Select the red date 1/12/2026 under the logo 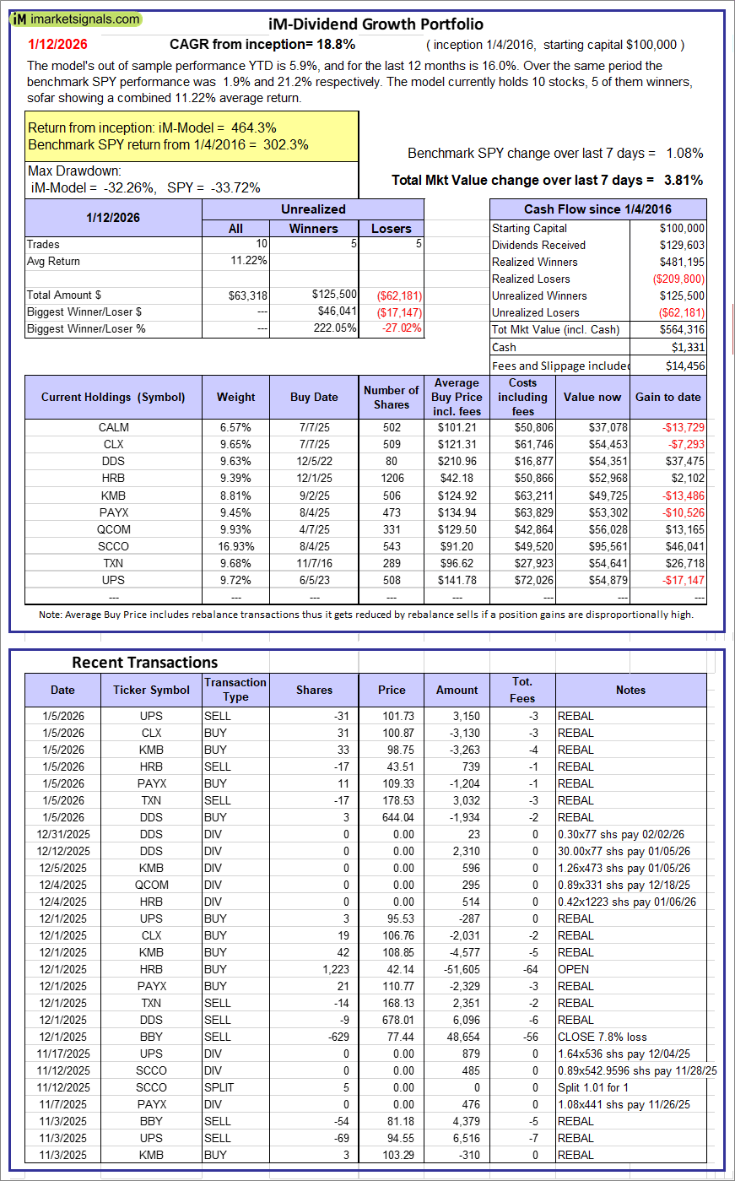[x=57, y=45]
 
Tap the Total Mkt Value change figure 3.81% [x=684, y=180]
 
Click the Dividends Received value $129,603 [x=681, y=245]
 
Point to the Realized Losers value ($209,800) [x=678, y=279]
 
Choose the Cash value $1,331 [x=689, y=347]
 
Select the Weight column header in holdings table [x=235, y=397]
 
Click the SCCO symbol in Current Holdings [x=113, y=546]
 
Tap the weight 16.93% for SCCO [x=235, y=546]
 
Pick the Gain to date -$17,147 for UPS [x=684, y=580]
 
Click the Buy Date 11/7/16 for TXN [x=314, y=563]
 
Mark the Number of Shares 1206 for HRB [x=392, y=478]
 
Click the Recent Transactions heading [x=145, y=662]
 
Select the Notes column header [x=630, y=690]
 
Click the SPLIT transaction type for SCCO [x=219, y=1087]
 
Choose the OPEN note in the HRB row [x=573, y=969]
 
